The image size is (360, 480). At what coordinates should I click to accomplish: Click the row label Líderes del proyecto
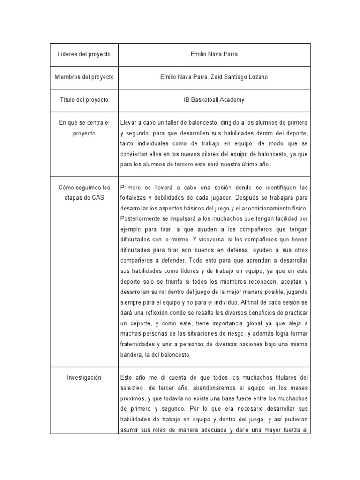tap(84, 54)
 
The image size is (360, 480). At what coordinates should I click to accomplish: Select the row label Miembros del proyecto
tap(84, 77)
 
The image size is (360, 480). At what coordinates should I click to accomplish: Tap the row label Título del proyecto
tap(84, 100)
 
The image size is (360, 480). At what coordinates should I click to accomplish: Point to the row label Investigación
tap(84, 377)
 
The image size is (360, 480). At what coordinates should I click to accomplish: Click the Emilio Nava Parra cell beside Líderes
tap(214, 54)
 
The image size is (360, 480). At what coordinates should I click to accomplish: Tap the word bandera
tap(130, 355)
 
